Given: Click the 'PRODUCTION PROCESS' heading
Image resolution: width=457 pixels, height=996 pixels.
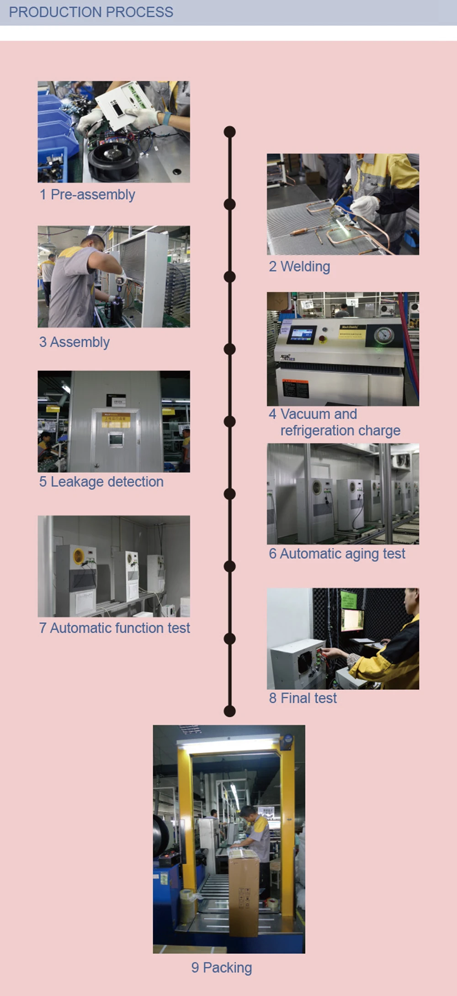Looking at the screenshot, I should pyautogui.click(x=91, y=12).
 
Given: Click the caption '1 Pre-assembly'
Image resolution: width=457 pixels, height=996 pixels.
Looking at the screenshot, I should pyautogui.click(x=87, y=194).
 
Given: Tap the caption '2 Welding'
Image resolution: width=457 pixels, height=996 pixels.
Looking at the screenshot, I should pyautogui.click(x=299, y=266).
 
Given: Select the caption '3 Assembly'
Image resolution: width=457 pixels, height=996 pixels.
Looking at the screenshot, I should pyautogui.click(x=74, y=342).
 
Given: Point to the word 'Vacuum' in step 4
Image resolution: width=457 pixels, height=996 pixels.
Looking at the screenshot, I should pyautogui.click(x=304, y=414).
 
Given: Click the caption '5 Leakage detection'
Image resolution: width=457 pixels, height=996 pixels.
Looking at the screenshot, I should pyautogui.click(x=101, y=482).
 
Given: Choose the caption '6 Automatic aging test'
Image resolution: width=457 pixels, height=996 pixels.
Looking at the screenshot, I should pyautogui.click(x=337, y=554).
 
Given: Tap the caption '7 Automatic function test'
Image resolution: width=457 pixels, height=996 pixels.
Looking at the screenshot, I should pyautogui.click(x=114, y=628).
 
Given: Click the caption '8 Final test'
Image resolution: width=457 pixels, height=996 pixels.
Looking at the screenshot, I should pyautogui.click(x=303, y=698).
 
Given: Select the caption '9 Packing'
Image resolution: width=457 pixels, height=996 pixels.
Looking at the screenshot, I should pyautogui.click(x=222, y=968).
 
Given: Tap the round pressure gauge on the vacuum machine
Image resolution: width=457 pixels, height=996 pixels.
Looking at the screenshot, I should pyautogui.click(x=384, y=335).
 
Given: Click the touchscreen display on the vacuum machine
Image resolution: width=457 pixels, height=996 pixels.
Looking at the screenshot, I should pyautogui.click(x=302, y=335).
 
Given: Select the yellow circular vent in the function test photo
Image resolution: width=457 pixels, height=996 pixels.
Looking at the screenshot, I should pyautogui.click(x=79, y=556).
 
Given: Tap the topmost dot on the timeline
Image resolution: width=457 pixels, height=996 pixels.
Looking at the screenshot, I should pyautogui.click(x=230, y=132).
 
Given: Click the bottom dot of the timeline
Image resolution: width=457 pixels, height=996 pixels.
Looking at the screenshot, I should pyautogui.click(x=230, y=711).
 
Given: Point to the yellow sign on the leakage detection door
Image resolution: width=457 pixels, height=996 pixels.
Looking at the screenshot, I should pyautogui.click(x=116, y=419).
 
